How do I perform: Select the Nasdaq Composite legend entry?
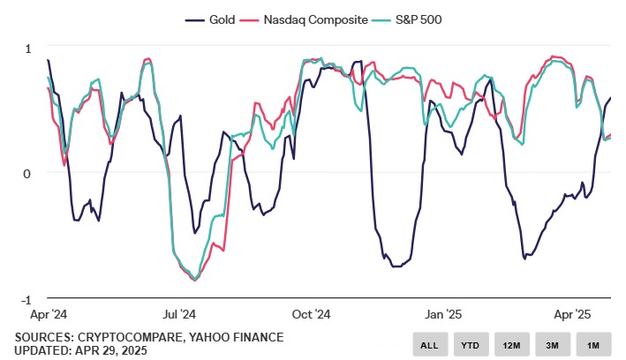310,19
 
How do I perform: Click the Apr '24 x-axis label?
49,314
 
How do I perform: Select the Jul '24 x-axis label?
180,314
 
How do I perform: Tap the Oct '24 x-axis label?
311,314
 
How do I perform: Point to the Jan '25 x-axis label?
442,314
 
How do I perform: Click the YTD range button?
471,344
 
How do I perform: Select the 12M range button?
511,344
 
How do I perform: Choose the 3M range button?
553,344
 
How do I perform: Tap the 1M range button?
593,344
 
